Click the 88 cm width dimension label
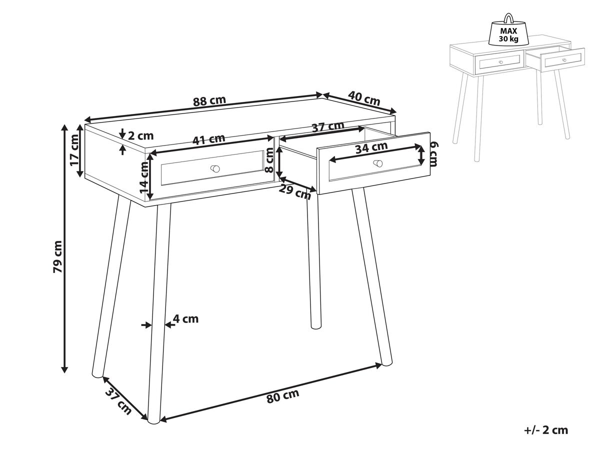point(209,100)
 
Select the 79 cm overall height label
point(58,256)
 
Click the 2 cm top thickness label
point(141,136)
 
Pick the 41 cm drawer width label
point(209,139)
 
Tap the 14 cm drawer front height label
point(144,176)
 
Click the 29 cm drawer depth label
point(294,192)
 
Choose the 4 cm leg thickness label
point(186,318)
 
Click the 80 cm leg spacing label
point(283,396)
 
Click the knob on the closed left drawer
point(215,168)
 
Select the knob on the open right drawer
point(378,163)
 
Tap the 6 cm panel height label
point(433,154)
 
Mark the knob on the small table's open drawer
point(564,60)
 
